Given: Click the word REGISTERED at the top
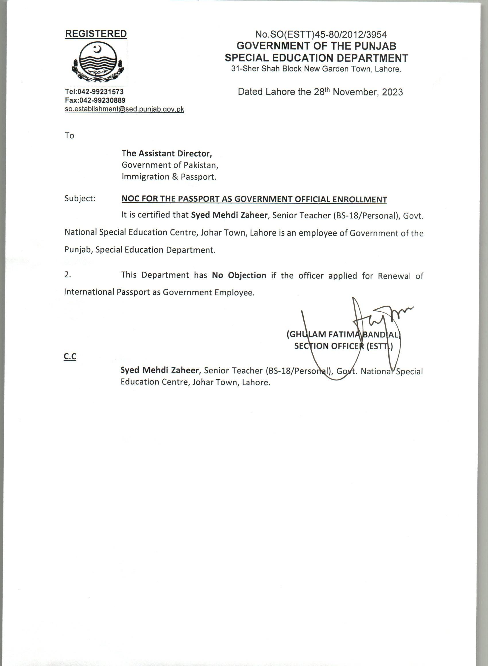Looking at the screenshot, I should click(x=96, y=34).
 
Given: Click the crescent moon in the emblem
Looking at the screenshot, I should click(x=98, y=49).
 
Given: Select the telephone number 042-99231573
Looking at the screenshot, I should click(x=100, y=92).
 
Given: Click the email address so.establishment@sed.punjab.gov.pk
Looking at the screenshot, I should click(x=124, y=109).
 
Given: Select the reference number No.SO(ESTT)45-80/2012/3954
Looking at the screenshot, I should click(x=321, y=35).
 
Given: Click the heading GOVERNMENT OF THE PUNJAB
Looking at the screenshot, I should click(x=316, y=46).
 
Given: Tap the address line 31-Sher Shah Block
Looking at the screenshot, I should click(x=316, y=69).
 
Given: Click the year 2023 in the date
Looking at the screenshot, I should click(x=392, y=92).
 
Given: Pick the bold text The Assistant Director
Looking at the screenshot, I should click(x=167, y=154).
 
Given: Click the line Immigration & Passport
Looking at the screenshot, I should click(x=169, y=177).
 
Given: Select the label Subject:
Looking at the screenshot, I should click(x=80, y=198).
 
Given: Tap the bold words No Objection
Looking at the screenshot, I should click(x=239, y=275).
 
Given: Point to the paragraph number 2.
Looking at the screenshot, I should click(x=68, y=275).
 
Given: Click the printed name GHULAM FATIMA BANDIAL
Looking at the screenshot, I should click(x=343, y=334).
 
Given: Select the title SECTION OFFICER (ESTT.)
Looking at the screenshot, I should click(x=343, y=346).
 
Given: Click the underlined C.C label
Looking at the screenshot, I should click(x=70, y=357).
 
